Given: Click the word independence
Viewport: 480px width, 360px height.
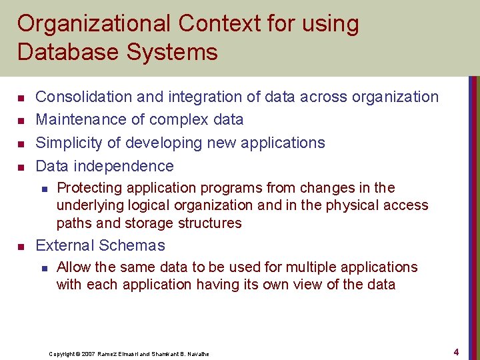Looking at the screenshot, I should (125, 166).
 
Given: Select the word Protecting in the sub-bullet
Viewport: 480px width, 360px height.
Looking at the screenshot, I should (88, 188).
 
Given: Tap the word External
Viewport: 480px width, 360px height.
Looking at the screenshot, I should (64, 245).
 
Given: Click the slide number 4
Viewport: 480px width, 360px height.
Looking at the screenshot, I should (456, 351).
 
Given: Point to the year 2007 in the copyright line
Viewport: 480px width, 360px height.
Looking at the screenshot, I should (87, 354).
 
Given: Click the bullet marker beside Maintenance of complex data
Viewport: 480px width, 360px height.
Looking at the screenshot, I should (21, 121).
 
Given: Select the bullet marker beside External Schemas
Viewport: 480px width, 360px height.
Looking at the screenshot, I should (21, 246).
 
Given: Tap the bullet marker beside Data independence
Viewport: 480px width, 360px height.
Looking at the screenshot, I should (21, 167).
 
